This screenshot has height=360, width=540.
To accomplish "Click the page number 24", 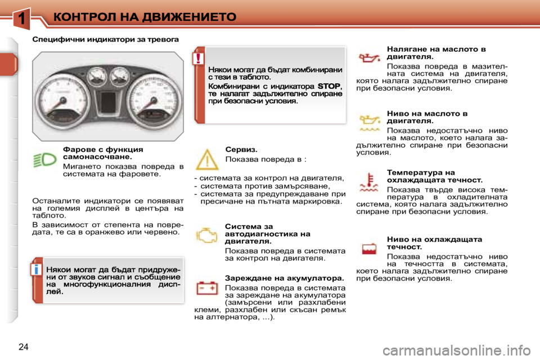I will click(x=22, y=345).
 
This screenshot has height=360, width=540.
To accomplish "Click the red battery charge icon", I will click(x=206, y=289).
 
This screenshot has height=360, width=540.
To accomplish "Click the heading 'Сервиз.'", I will click(x=241, y=150).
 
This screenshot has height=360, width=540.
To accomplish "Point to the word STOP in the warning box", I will click(x=329, y=86).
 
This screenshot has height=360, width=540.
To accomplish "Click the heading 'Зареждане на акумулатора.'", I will click(x=284, y=278).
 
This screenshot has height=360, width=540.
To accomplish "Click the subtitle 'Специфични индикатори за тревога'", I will click(x=105, y=40).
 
